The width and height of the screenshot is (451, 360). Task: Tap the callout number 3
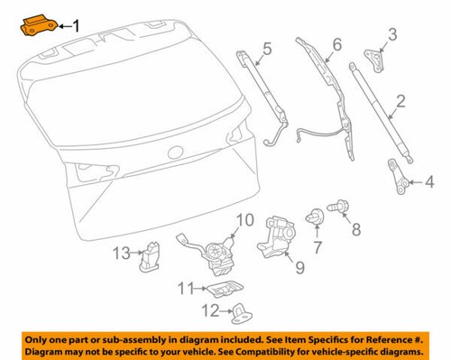pyautogui.click(x=391, y=36)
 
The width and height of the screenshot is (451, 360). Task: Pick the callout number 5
pyautogui.click(x=266, y=49)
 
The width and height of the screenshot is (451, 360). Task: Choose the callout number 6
pyautogui.click(x=336, y=44)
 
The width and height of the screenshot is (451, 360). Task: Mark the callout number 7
pyautogui.click(x=317, y=247)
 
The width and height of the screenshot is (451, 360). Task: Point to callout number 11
pyautogui.click(x=185, y=289)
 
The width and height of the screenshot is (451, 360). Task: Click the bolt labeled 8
pyautogui.click(x=336, y=208)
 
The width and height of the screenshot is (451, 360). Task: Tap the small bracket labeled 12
pyautogui.click(x=241, y=314)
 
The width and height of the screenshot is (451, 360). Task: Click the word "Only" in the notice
pyautogui.click(x=41, y=333)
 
